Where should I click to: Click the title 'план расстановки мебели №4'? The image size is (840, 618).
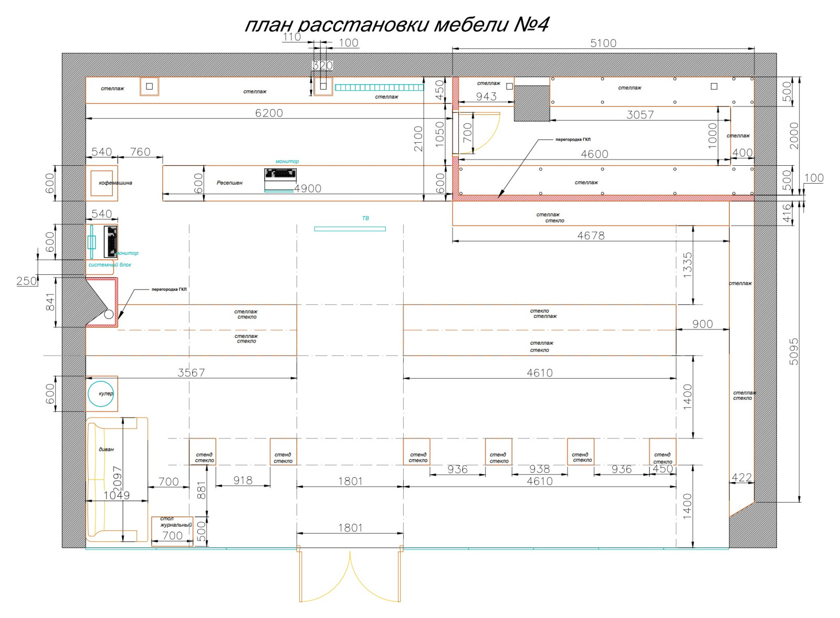click(x=397, y=25)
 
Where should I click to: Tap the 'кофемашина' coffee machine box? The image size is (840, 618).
click(x=102, y=183)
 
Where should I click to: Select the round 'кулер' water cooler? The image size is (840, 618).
click(x=101, y=393)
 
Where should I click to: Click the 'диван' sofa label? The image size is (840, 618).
click(x=106, y=450)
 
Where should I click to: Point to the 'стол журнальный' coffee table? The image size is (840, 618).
click(x=172, y=531)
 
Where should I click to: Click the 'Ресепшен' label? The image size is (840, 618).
click(x=229, y=183)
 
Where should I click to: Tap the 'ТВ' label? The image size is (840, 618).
click(x=365, y=218)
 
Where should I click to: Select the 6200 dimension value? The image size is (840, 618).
click(x=269, y=113)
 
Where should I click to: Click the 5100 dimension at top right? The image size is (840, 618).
click(x=603, y=43)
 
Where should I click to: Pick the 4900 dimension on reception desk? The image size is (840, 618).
click(x=308, y=188)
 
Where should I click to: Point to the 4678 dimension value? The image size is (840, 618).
click(x=591, y=236)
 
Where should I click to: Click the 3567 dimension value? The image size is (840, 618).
click(x=191, y=372)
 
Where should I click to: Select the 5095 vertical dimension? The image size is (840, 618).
click(x=794, y=351)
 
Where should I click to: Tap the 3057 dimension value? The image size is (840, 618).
click(x=640, y=115)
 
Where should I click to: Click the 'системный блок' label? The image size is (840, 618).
click(x=110, y=265)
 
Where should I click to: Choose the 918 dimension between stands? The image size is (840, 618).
click(x=243, y=480)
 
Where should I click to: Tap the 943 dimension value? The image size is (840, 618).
click(x=486, y=97)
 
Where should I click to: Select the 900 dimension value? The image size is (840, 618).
click(x=702, y=324)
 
